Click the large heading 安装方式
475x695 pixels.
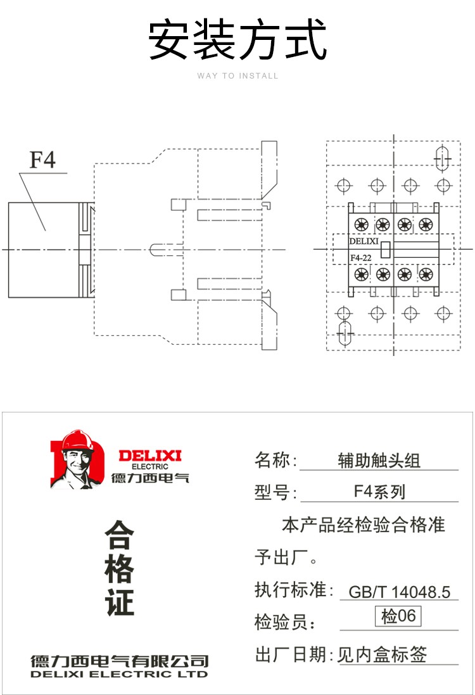[237, 40]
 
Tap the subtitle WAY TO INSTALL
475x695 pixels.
[237, 76]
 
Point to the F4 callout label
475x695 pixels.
[42, 160]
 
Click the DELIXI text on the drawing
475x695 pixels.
[364, 241]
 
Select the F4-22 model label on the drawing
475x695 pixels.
[361, 258]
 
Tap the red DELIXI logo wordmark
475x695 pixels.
[150, 456]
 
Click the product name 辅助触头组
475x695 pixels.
[379, 461]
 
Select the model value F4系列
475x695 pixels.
[379, 492]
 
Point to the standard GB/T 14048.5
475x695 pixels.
[400, 592]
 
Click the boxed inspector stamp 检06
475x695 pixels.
[398, 616]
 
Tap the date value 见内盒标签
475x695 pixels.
[382, 654]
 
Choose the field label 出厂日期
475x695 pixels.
[290, 654]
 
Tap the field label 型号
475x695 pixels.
[272, 492]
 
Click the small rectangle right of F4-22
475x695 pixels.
[385, 250]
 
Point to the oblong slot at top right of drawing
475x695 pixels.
[442, 157]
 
